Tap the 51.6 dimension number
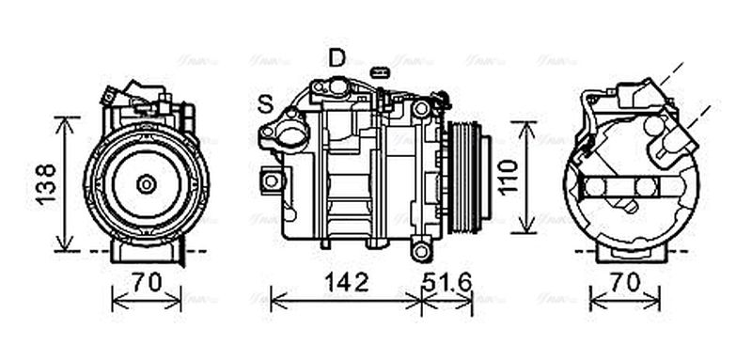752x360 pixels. coord(447,281)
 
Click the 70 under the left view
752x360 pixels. coord(146,281)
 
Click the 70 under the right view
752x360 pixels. coord(625,281)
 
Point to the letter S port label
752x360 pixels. coord(266,104)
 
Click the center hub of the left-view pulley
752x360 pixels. coord(146,184)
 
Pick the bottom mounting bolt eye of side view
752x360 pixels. coord(420,249)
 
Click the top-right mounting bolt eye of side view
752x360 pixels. coord(420,109)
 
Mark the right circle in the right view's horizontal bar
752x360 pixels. coord(645,187)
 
